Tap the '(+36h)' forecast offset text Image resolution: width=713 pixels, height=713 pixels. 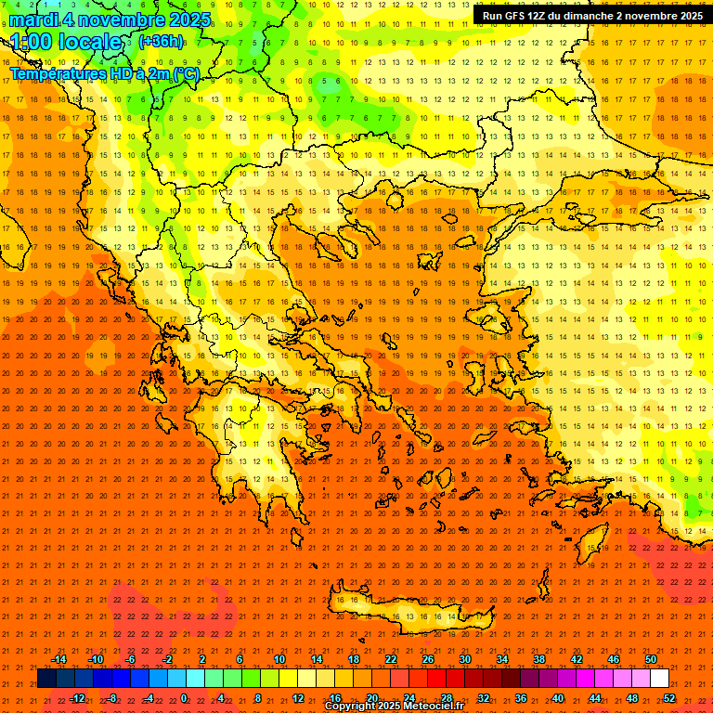(161, 41)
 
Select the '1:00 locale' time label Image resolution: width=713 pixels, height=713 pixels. (66, 42)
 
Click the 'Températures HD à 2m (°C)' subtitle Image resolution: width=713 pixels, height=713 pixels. (104, 73)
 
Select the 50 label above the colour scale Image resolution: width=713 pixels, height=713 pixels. (651, 659)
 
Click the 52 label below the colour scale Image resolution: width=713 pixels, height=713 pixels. (669, 698)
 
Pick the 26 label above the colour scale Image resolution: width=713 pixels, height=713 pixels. (428, 659)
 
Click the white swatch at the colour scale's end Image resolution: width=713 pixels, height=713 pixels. (659, 679)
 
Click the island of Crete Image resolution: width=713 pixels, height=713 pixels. (399, 613)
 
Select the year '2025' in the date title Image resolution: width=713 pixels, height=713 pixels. (185, 19)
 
